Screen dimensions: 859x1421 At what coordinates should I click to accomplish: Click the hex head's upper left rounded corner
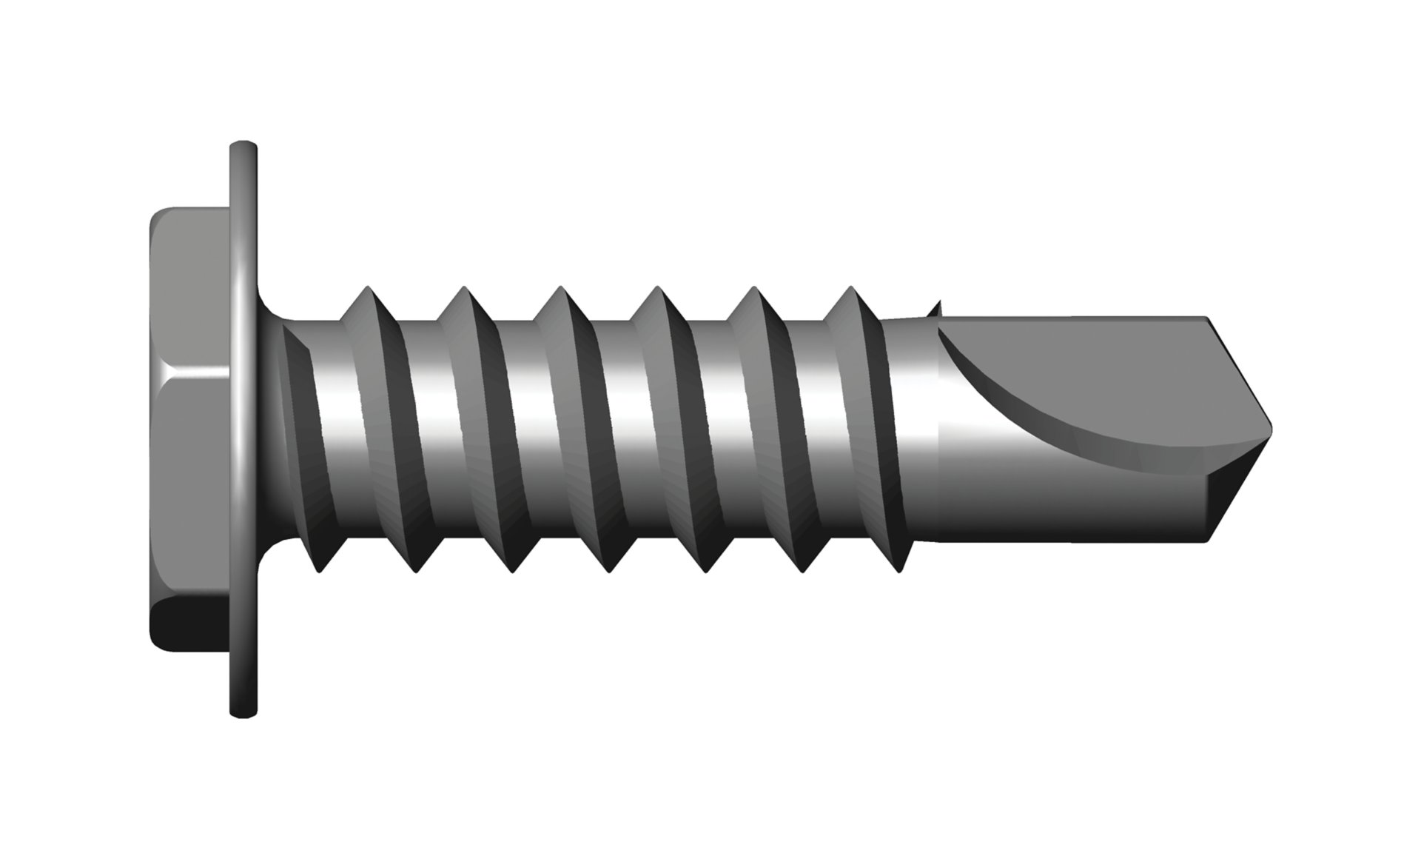click(159, 216)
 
